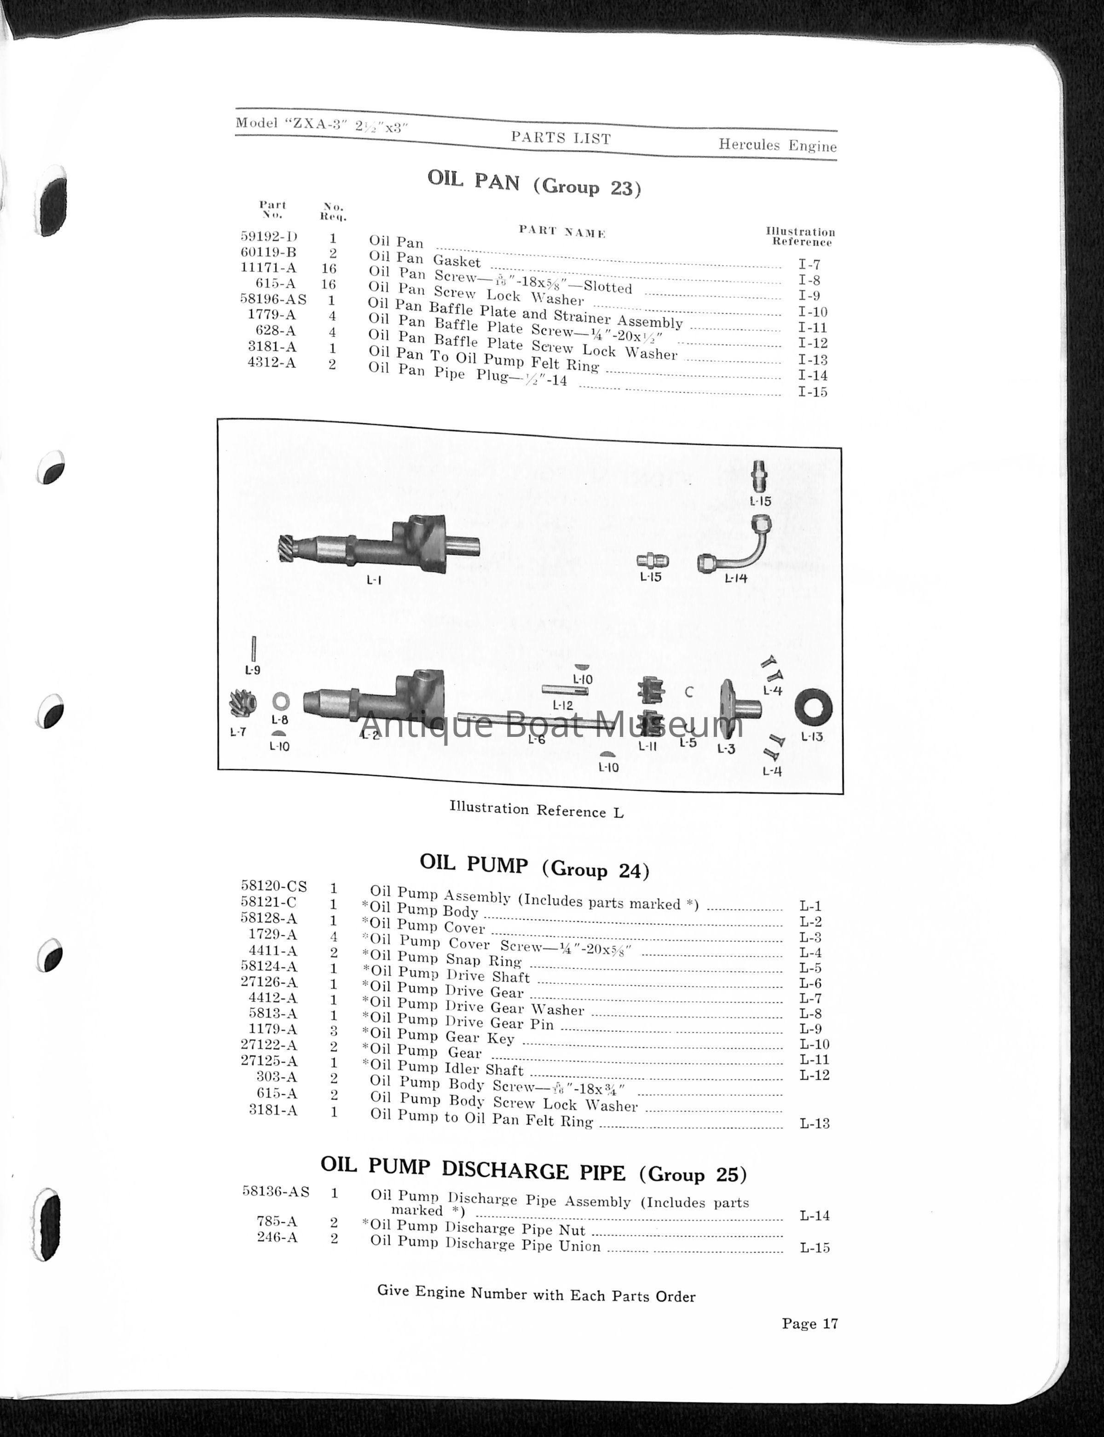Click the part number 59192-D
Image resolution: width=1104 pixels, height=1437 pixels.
[269, 236]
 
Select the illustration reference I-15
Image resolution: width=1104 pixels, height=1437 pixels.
[813, 392]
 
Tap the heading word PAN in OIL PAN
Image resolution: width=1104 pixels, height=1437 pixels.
[497, 182]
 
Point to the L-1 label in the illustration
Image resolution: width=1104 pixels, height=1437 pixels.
[374, 580]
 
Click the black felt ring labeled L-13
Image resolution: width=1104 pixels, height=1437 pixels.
[814, 708]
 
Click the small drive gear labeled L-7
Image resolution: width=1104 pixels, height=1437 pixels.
[242, 705]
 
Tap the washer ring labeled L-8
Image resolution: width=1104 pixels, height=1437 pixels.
[281, 701]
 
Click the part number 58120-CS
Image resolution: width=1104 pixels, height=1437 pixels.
[274, 886]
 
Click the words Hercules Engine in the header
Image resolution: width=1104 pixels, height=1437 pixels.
[777, 145]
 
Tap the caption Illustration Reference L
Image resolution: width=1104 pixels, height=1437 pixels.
[536, 810]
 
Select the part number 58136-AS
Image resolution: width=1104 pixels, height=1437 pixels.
[276, 1191]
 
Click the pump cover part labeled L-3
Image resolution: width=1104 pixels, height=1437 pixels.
[739, 708]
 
